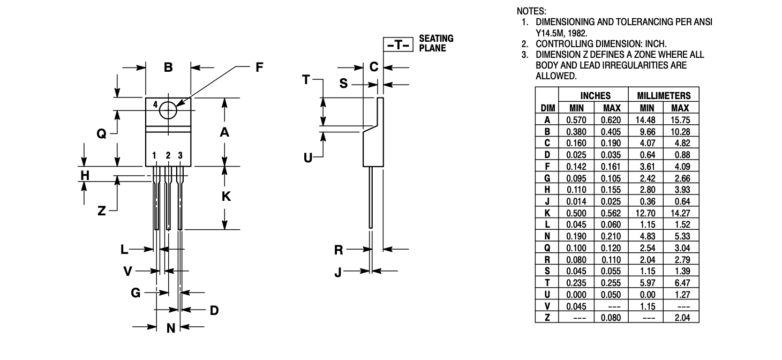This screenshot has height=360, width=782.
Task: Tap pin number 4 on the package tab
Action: (x=155, y=104)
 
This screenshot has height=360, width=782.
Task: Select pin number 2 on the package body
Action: (x=168, y=155)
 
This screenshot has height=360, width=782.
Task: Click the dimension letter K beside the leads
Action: (x=226, y=197)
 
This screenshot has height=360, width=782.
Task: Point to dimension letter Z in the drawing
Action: (x=101, y=211)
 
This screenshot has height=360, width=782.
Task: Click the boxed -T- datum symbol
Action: (x=398, y=44)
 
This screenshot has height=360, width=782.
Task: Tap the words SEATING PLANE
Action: (x=436, y=43)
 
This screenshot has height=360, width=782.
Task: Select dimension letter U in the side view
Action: (x=307, y=158)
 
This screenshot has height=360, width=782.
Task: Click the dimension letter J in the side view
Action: (x=337, y=272)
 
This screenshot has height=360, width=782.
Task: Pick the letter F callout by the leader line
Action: (x=259, y=67)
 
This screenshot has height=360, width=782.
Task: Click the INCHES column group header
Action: (x=595, y=96)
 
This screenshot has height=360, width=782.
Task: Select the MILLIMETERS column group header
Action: (x=664, y=96)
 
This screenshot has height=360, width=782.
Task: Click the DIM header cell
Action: (x=547, y=108)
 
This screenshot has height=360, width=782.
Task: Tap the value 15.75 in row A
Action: (x=680, y=120)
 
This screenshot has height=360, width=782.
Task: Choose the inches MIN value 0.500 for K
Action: (x=576, y=213)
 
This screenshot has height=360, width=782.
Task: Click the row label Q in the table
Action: (x=547, y=248)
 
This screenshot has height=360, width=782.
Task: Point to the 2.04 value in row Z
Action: (x=682, y=318)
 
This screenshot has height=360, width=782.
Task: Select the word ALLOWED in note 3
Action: (x=556, y=76)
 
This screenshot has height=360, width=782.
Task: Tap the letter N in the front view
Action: (x=171, y=328)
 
